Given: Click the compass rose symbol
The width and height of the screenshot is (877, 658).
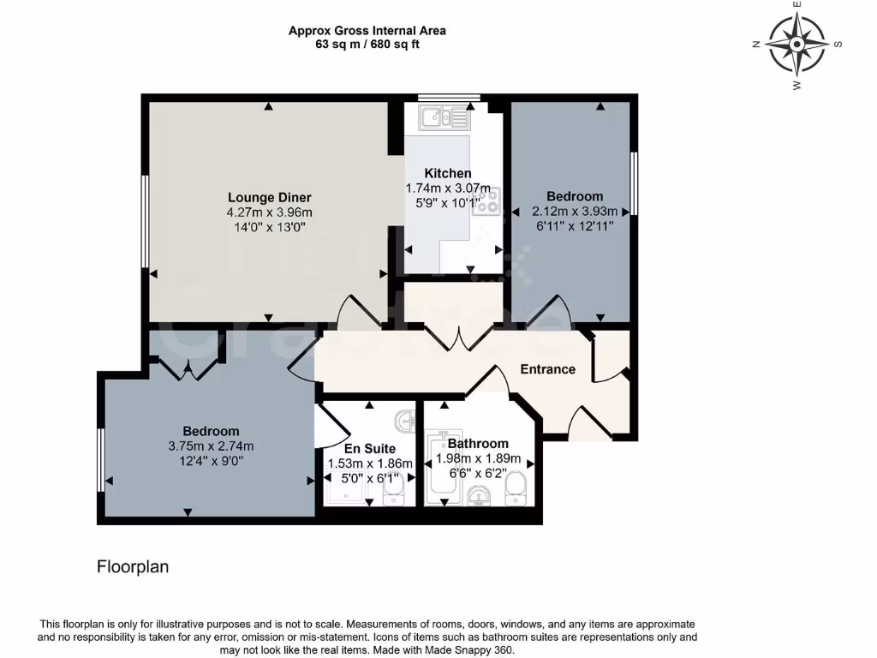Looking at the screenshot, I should [796, 44].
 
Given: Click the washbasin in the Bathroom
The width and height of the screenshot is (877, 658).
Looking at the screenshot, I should [478, 494].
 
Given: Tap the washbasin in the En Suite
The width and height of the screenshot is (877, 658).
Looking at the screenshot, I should [405, 420].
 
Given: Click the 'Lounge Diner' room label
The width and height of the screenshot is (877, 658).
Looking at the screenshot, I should [269, 197].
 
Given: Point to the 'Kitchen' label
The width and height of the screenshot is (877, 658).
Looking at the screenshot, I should [448, 173].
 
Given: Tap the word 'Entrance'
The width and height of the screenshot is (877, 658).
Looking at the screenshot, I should [548, 369].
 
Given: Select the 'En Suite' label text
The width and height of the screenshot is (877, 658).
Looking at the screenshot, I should [370, 448].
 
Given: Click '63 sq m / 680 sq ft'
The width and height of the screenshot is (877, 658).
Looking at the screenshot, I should [367, 45].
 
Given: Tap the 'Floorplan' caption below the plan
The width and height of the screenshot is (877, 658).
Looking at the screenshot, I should [133, 566].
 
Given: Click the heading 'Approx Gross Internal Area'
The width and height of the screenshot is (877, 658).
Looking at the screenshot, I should [367, 31].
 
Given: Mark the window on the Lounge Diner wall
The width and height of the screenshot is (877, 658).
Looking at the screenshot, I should [146, 221].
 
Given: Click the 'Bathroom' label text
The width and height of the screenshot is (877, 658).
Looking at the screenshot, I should [478, 444].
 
